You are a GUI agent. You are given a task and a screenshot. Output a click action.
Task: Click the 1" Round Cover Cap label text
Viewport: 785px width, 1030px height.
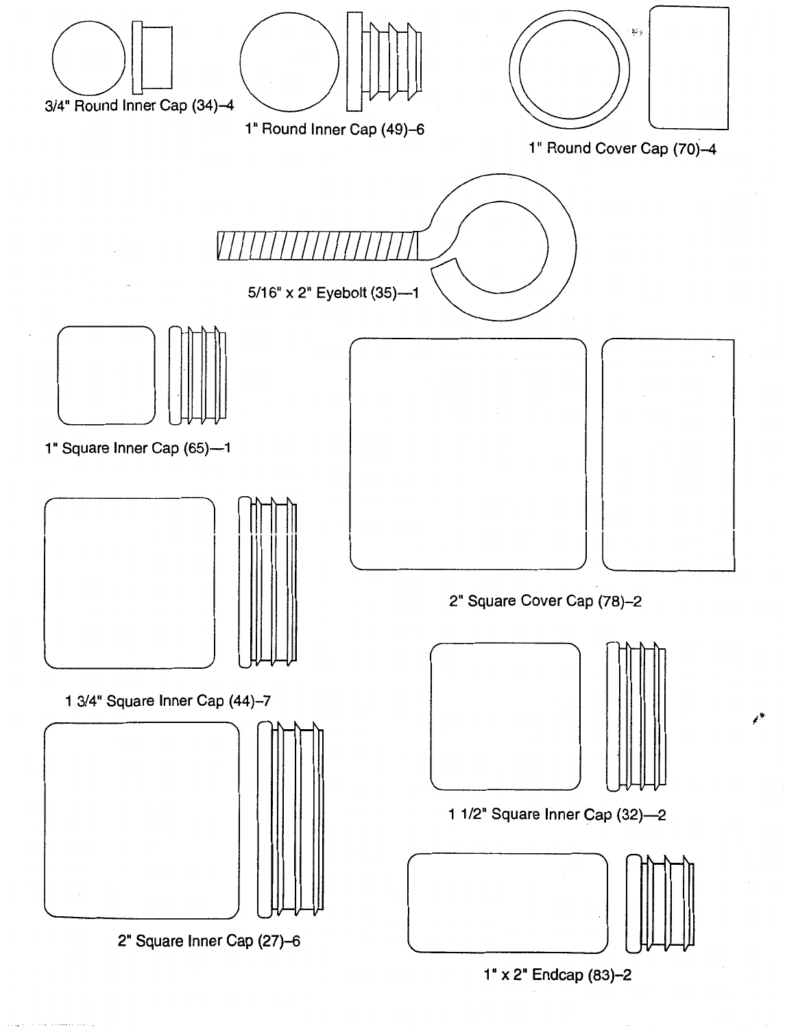623,149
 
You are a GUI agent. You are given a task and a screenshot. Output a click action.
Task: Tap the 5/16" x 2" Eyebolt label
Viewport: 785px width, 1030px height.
333,293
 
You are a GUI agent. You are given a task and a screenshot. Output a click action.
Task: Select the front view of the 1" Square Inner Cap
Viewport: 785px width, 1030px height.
106,376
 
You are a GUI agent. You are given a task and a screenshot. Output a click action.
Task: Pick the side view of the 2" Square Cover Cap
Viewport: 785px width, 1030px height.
668,454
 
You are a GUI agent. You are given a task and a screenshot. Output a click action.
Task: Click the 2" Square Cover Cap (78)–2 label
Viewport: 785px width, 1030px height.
545,602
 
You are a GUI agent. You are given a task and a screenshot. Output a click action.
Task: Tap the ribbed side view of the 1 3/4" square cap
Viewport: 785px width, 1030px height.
268,582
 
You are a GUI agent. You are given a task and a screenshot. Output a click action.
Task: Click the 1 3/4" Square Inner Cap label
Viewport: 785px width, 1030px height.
168,701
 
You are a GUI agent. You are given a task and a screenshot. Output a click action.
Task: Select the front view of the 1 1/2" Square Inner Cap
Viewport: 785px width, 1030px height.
505,716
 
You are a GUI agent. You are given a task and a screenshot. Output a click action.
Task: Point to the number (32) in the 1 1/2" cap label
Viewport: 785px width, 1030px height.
629,815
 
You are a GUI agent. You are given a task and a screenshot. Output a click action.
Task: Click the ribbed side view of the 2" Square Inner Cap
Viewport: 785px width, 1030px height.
291,820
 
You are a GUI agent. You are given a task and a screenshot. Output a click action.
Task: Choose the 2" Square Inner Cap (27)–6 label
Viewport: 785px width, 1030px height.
208,942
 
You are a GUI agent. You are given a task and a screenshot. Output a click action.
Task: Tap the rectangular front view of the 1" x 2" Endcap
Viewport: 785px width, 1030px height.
507,903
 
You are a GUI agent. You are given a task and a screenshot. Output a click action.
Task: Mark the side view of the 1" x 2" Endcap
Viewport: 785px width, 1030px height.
660,903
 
